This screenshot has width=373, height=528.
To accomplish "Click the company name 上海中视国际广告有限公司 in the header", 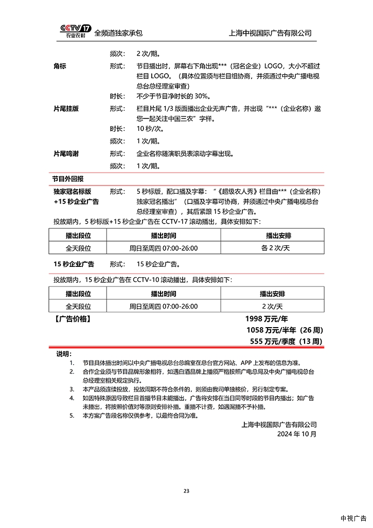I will (x=270, y=33).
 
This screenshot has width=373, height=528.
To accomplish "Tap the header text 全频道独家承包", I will (x=118, y=33).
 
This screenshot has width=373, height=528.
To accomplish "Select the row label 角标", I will (x=60, y=66).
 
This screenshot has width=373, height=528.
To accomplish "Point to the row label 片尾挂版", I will (x=66, y=109).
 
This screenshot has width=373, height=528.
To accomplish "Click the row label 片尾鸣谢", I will (x=66, y=154).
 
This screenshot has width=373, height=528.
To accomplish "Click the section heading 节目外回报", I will (x=67, y=178).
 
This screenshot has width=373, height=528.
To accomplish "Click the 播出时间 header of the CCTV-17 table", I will (x=164, y=235).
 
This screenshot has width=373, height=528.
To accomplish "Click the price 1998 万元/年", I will (x=270, y=319).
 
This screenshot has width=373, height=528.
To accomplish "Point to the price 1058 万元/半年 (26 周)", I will (x=285, y=330).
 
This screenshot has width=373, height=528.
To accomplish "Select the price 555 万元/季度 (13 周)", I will (x=286, y=341).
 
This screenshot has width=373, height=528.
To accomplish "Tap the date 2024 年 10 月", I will (x=297, y=434).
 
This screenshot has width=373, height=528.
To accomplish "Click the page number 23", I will (x=186, y=491).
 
